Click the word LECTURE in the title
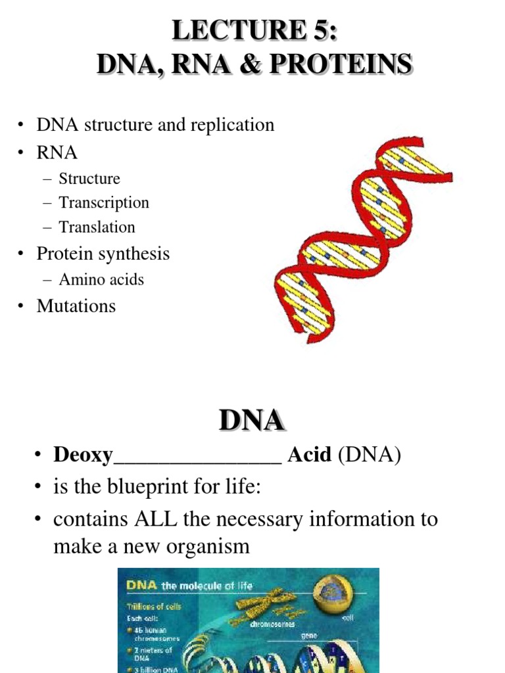236,30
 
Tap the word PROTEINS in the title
349,64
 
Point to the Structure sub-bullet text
89,179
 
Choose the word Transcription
104,203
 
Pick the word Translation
97,227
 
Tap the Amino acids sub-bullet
101,280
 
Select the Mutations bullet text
76,306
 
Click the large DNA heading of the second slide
252,421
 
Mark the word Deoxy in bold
84,455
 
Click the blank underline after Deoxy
197,459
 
